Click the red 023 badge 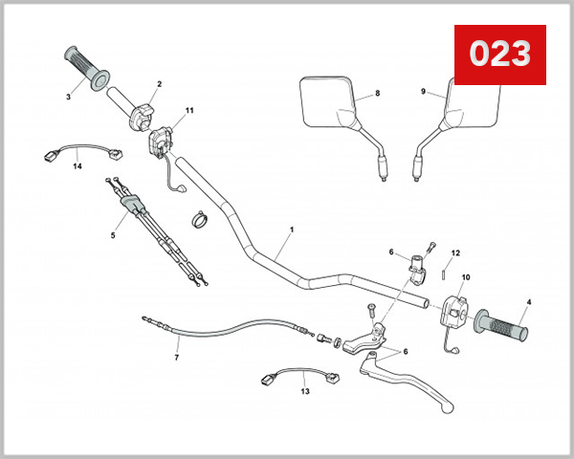499,55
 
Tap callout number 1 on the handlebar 292,230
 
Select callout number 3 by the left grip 68,96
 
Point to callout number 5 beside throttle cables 113,234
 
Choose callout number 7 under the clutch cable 176,358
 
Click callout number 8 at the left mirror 377,93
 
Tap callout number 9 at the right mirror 423,92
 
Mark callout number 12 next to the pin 456,252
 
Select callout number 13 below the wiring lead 305,391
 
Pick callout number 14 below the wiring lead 77,166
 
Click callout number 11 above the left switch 189,111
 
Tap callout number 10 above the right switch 466,277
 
